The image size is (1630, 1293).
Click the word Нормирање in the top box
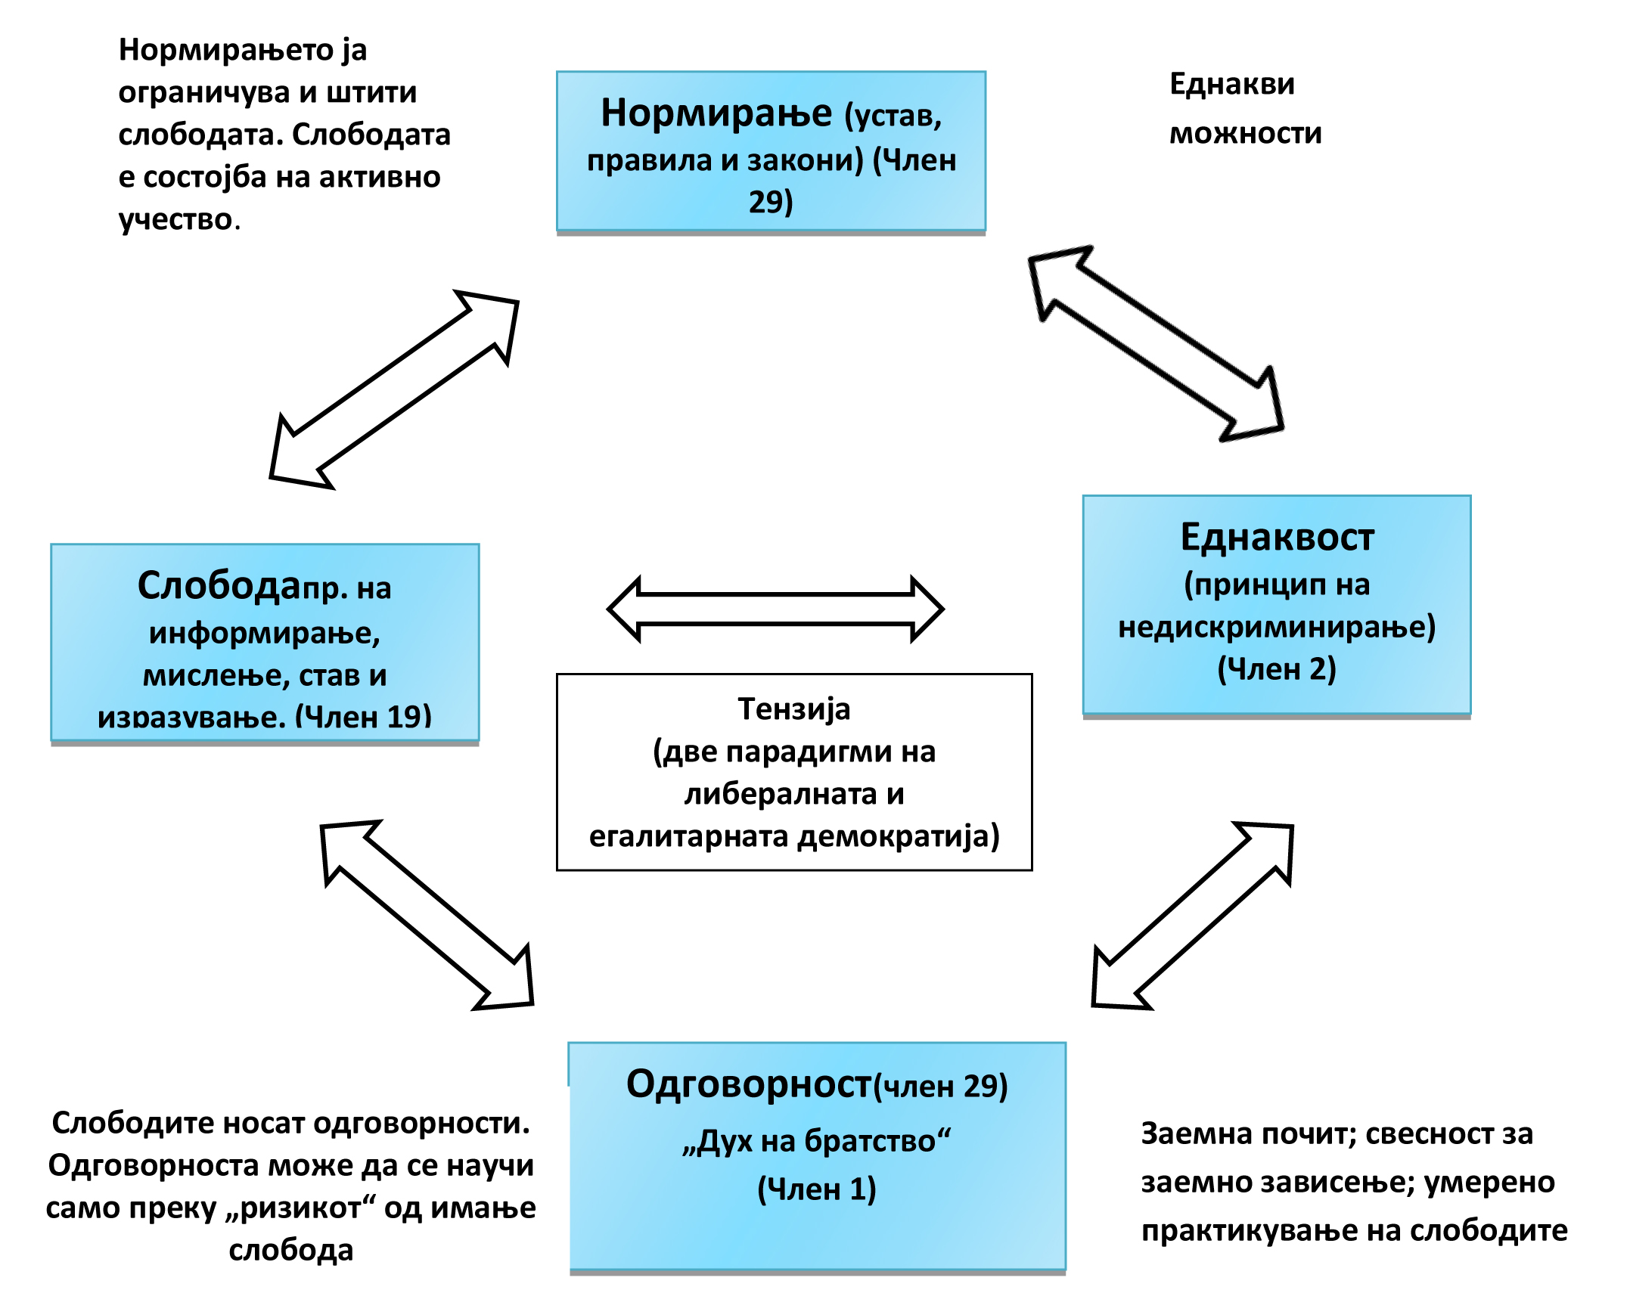716,113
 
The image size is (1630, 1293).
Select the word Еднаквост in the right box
1277,538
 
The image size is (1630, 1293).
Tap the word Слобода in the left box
219,585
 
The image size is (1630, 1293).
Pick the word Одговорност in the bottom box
749,1084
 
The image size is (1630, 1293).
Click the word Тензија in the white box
793,709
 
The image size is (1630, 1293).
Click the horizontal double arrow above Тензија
775,609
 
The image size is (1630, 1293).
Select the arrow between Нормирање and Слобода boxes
394,389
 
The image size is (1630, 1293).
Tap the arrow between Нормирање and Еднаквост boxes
1156,344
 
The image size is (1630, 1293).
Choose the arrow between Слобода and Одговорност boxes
427,916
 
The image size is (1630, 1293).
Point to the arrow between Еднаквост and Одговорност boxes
1193,916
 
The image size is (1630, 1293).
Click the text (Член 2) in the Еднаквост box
1277,669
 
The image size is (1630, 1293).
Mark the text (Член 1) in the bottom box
817,1189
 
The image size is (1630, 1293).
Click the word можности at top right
1245,134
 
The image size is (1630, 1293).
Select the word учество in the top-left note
175,220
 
